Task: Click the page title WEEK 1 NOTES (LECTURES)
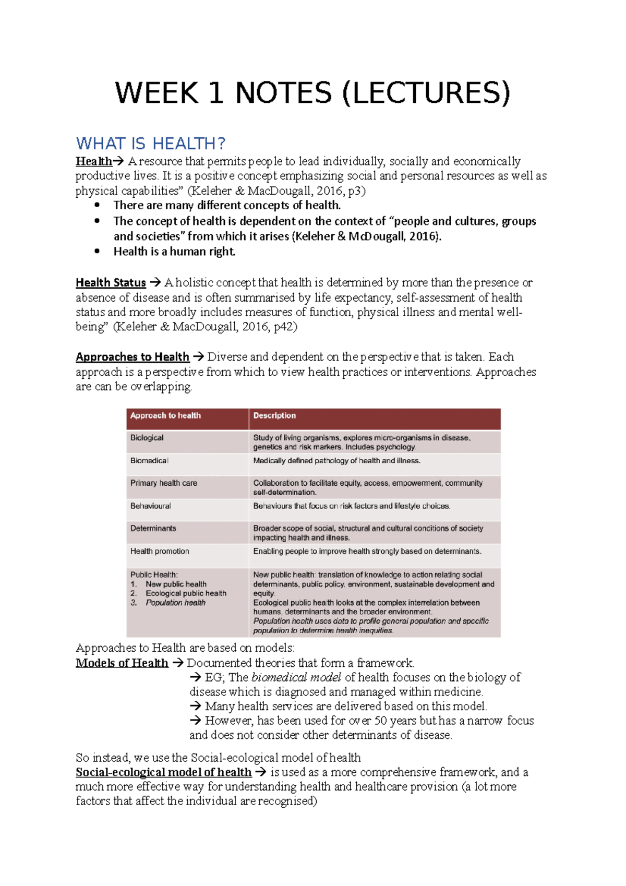tap(312, 93)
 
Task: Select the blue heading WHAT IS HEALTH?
tap(150, 143)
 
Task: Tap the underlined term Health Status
tap(111, 283)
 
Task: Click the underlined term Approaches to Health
tap(132, 357)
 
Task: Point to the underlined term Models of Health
tap(122, 663)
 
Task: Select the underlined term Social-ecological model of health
tap(163, 772)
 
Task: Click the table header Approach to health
tap(165, 416)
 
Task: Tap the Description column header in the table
tap(274, 416)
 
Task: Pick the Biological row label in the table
tap(147, 438)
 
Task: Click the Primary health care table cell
tap(163, 483)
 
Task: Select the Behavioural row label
tap(150, 506)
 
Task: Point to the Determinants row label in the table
tap(153, 529)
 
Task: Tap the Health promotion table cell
tap(160, 552)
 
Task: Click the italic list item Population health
tap(175, 603)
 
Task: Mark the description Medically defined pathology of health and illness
tap(336, 461)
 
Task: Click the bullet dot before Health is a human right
tap(97, 252)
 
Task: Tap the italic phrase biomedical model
tap(296, 677)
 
